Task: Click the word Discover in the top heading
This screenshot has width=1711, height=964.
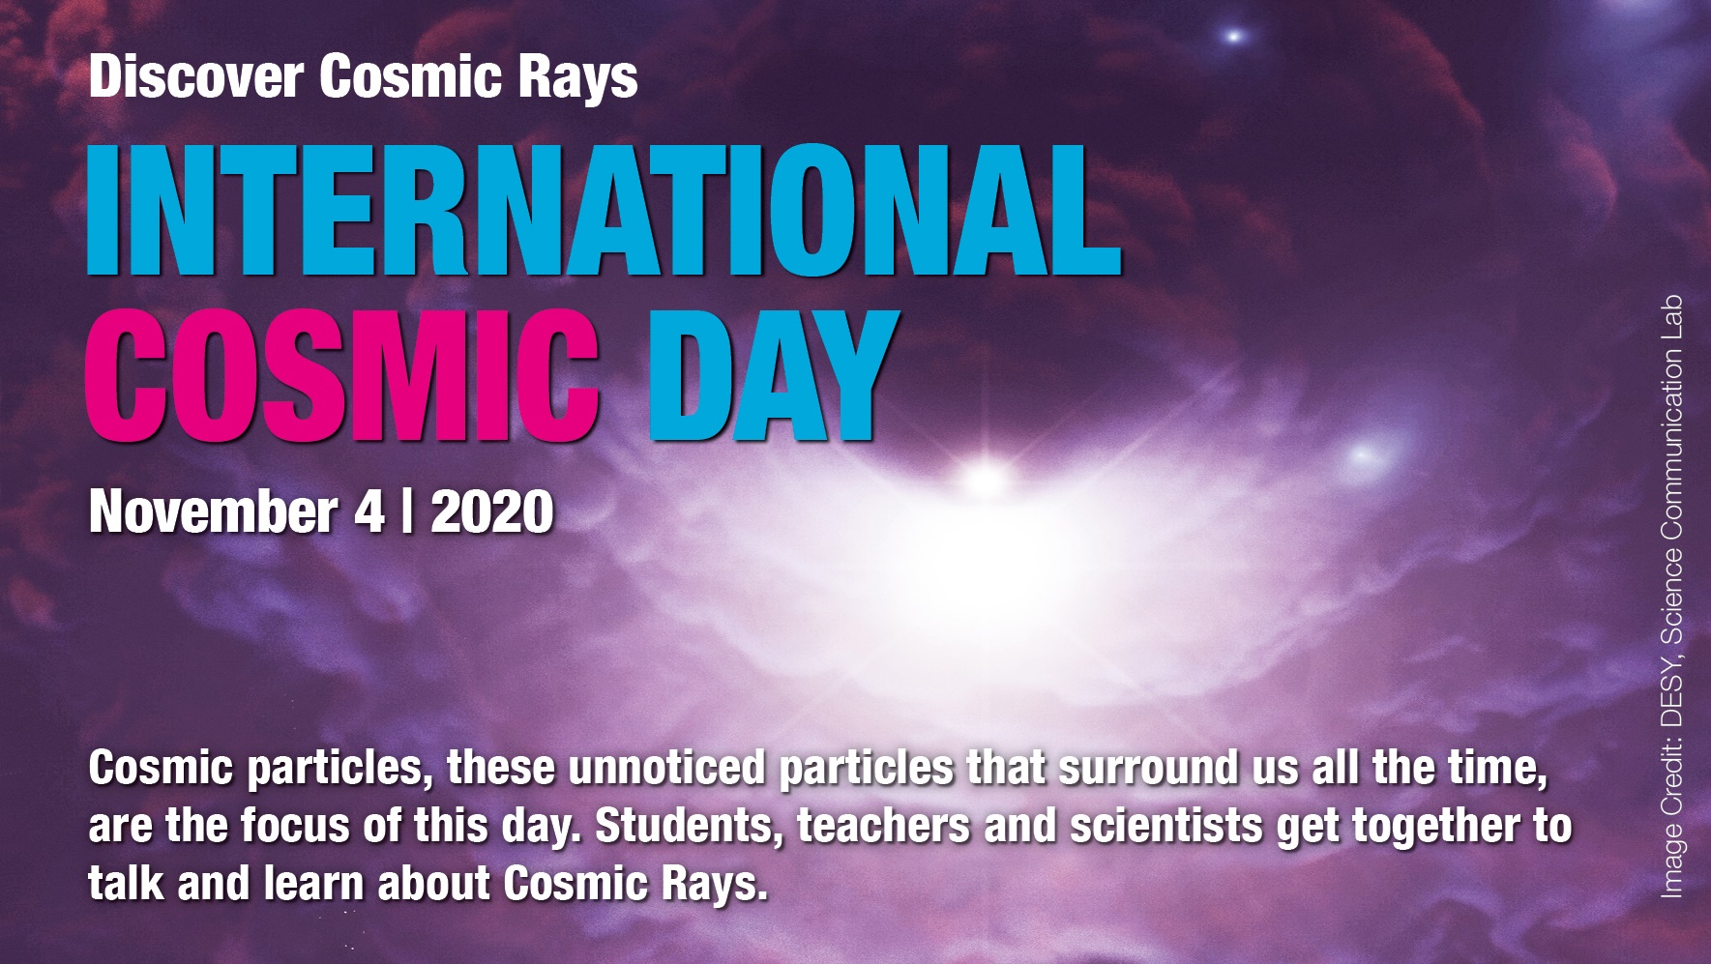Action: [195, 76]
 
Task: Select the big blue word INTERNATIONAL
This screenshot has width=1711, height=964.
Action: [605, 210]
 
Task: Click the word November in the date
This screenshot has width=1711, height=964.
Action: [213, 511]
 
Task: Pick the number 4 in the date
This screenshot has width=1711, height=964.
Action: [369, 511]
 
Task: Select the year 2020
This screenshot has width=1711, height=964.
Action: [492, 511]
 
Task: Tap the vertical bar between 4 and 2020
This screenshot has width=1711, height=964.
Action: [407, 511]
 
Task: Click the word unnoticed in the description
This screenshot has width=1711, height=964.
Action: [667, 769]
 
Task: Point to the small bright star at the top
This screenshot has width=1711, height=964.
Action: [1234, 37]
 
